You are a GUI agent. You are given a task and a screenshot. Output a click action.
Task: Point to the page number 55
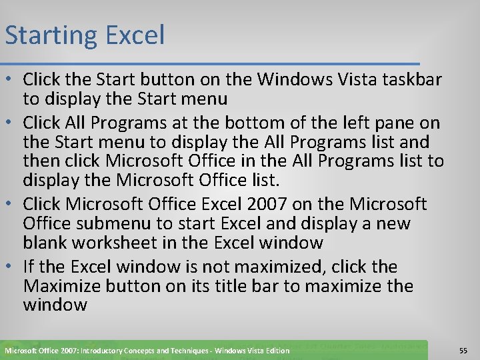coord(463,350)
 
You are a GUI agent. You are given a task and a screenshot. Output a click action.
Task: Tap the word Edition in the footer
coord(275,351)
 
